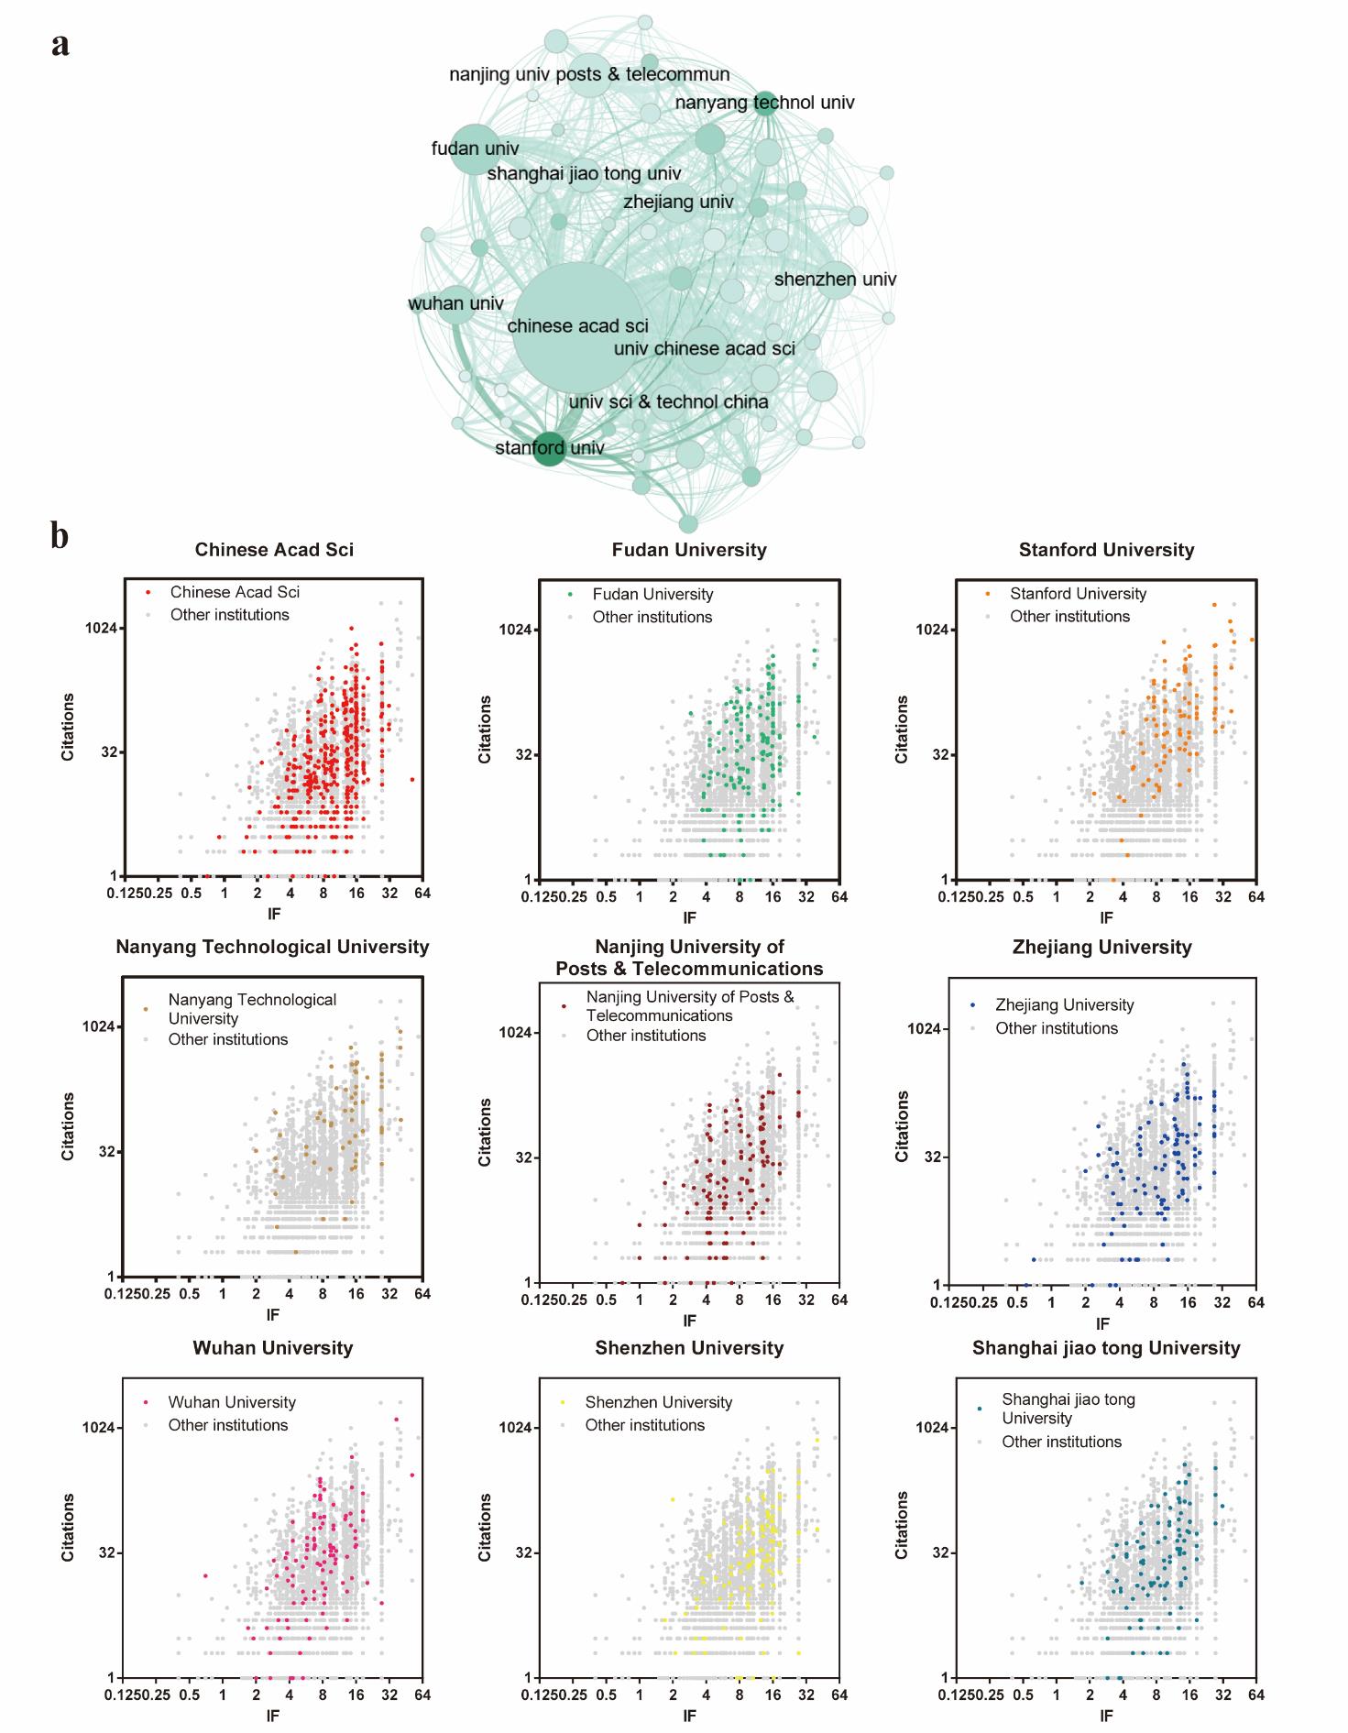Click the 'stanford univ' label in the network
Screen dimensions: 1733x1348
point(550,448)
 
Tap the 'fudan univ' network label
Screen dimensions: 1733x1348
point(475,148)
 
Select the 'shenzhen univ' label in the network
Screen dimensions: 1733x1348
point(835,280)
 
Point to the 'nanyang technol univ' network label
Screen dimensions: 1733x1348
point(764,103)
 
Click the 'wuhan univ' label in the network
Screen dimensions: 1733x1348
point(455,303)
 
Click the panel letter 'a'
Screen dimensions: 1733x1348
point(60,44)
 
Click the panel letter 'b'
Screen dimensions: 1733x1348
point(60,536)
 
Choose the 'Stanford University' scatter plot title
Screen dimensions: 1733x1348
point(1106,550)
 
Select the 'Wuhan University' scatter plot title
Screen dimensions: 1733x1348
point(272,1348)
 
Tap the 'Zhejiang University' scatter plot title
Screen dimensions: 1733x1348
point(1101,948)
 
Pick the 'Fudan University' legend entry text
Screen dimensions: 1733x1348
point(652,595)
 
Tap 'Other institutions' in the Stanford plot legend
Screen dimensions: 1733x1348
point(1069,617)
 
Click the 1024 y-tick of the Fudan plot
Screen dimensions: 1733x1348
point(516,630)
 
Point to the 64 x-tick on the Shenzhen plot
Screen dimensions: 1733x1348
point(839,1695)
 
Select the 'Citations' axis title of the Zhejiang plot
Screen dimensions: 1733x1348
point(903,1126)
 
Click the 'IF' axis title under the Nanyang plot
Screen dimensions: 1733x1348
point(272,1314)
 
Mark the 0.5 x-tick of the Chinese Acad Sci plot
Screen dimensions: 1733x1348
point(191,894)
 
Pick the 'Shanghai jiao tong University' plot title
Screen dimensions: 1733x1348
point(1106,1348)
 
